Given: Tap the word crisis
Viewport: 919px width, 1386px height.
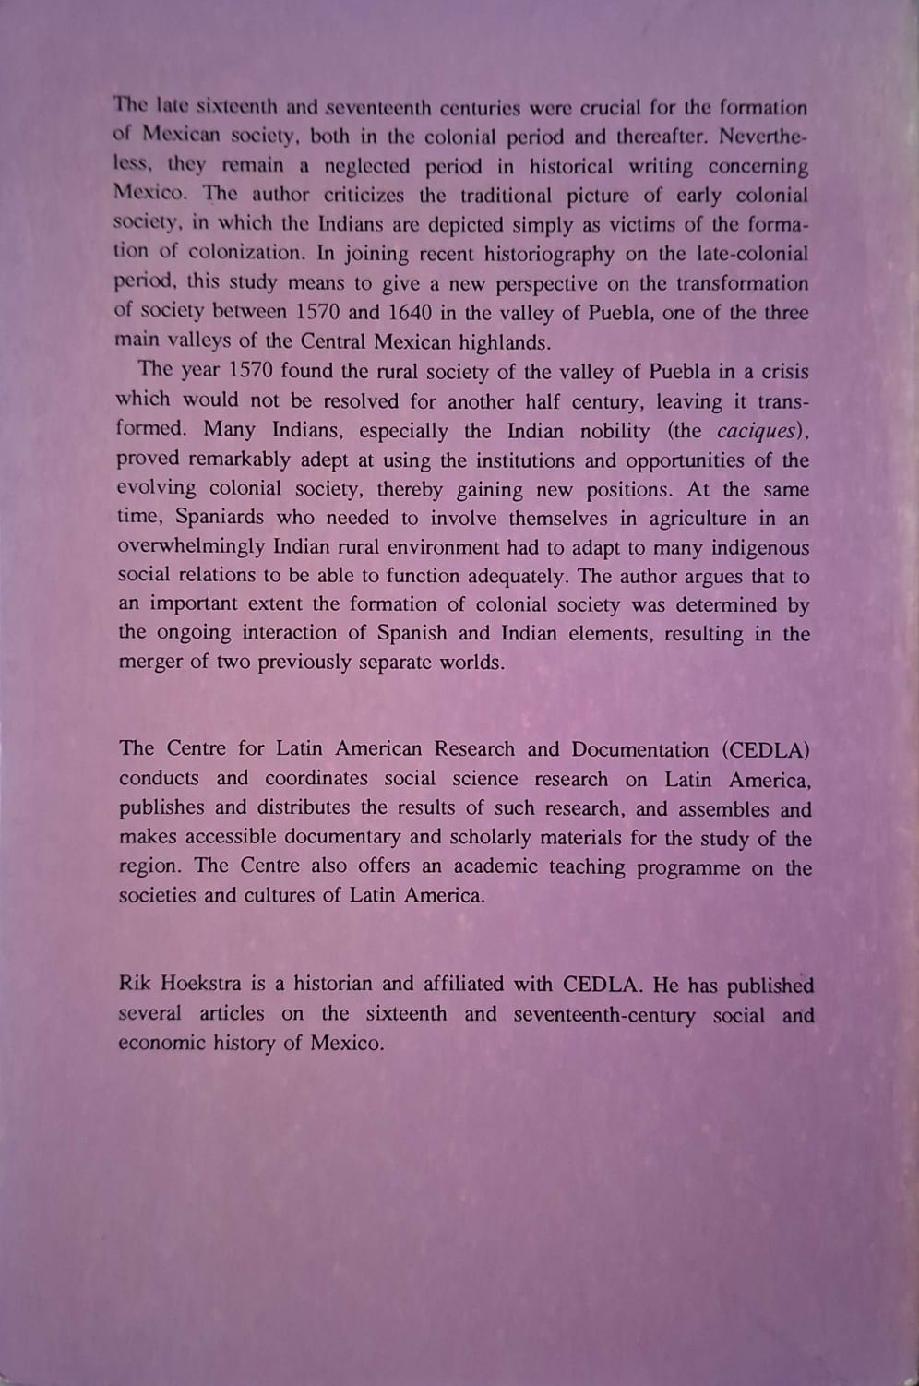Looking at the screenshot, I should click(x=783, y=372).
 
